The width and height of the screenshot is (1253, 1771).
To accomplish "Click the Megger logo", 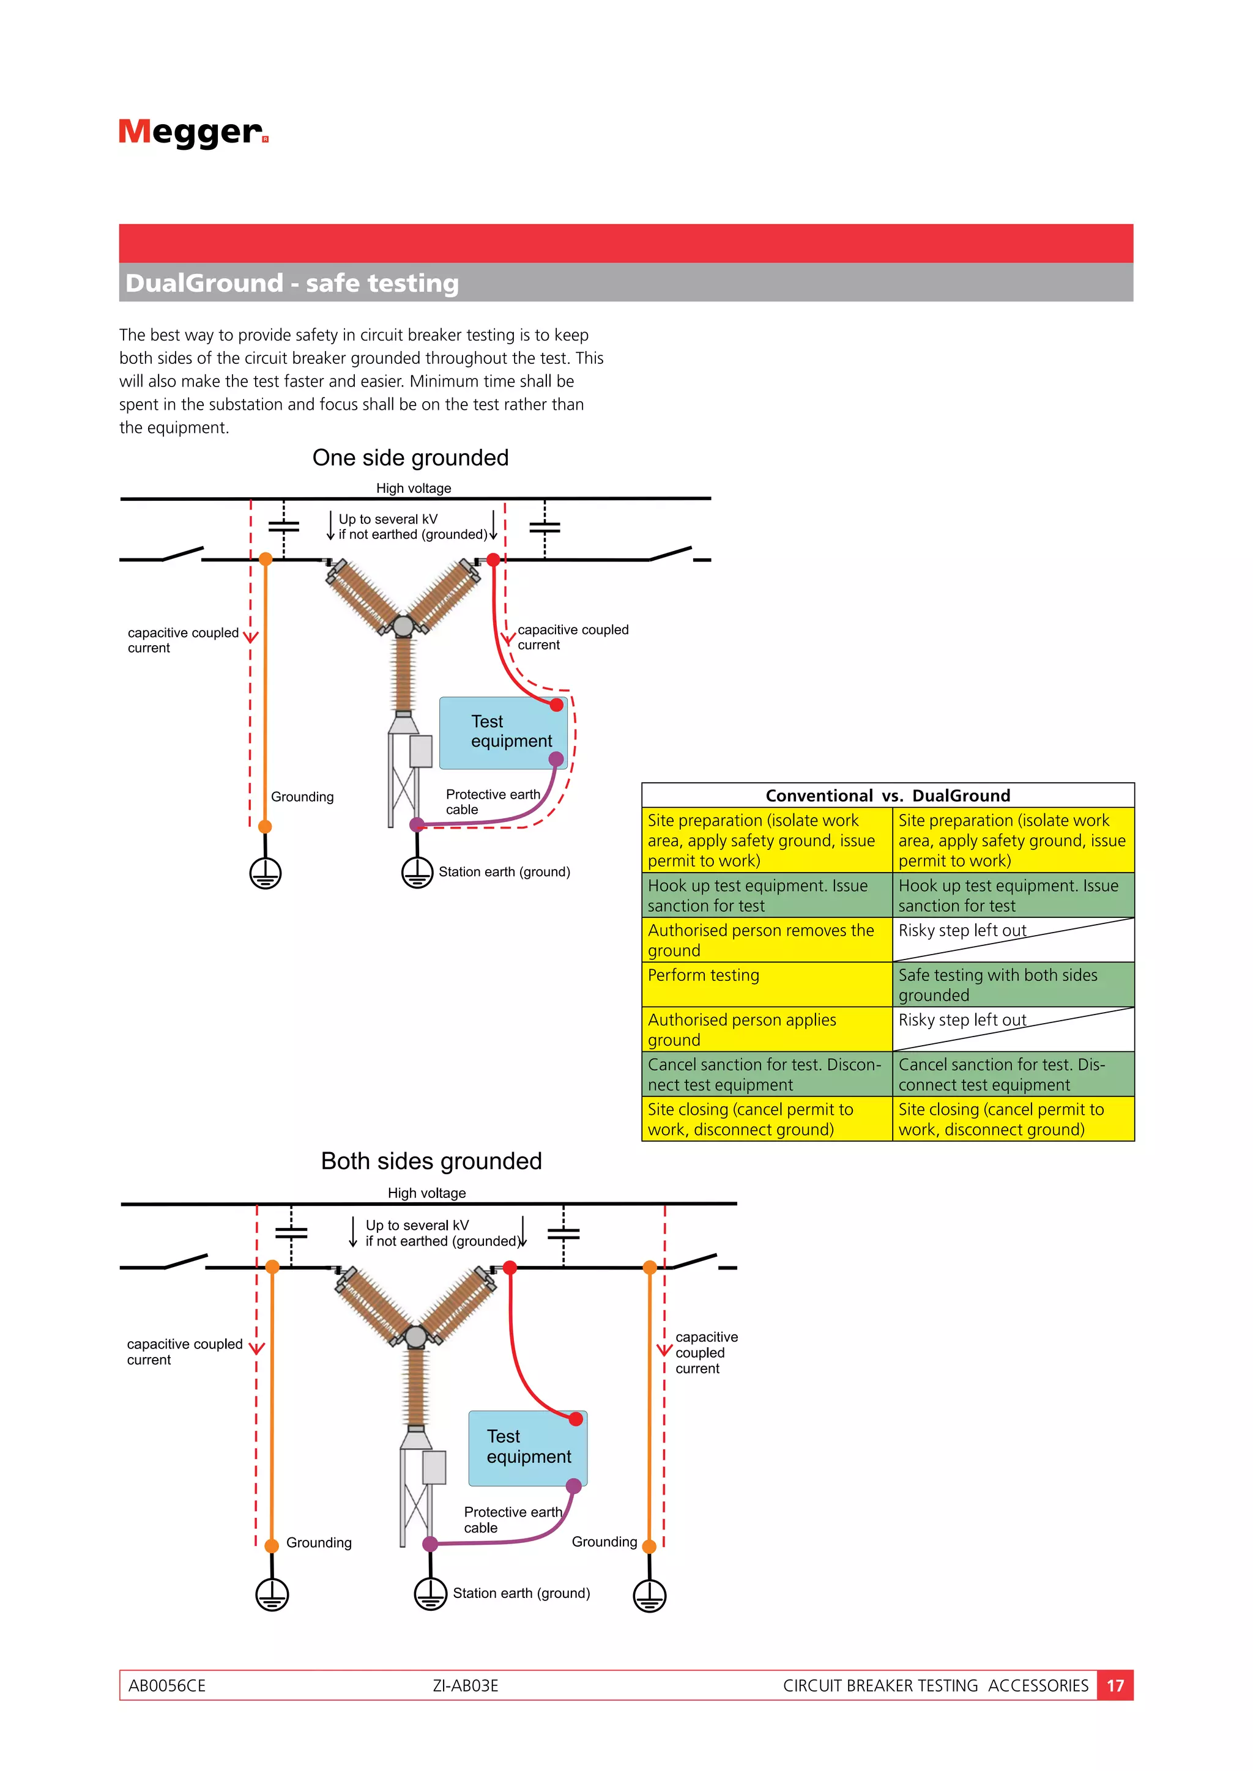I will (193, 133).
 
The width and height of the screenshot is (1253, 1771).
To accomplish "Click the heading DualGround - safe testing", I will (292, 283).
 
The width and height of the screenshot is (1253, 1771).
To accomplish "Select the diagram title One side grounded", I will (411, 457).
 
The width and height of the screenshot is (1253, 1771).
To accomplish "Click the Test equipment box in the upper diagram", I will (503, 733).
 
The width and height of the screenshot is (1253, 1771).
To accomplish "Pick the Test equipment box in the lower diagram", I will (528, 1448).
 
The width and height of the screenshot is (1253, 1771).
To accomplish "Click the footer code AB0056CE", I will (166, 1685).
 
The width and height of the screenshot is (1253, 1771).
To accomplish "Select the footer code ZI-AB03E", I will (465, 1685).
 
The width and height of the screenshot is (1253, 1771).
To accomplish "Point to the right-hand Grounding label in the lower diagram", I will (604, 1541).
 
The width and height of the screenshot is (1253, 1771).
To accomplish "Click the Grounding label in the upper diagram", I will (302, 797).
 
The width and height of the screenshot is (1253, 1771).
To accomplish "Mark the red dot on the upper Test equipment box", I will (556, 704).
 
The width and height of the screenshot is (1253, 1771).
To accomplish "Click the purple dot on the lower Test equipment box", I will (573, 1485).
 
